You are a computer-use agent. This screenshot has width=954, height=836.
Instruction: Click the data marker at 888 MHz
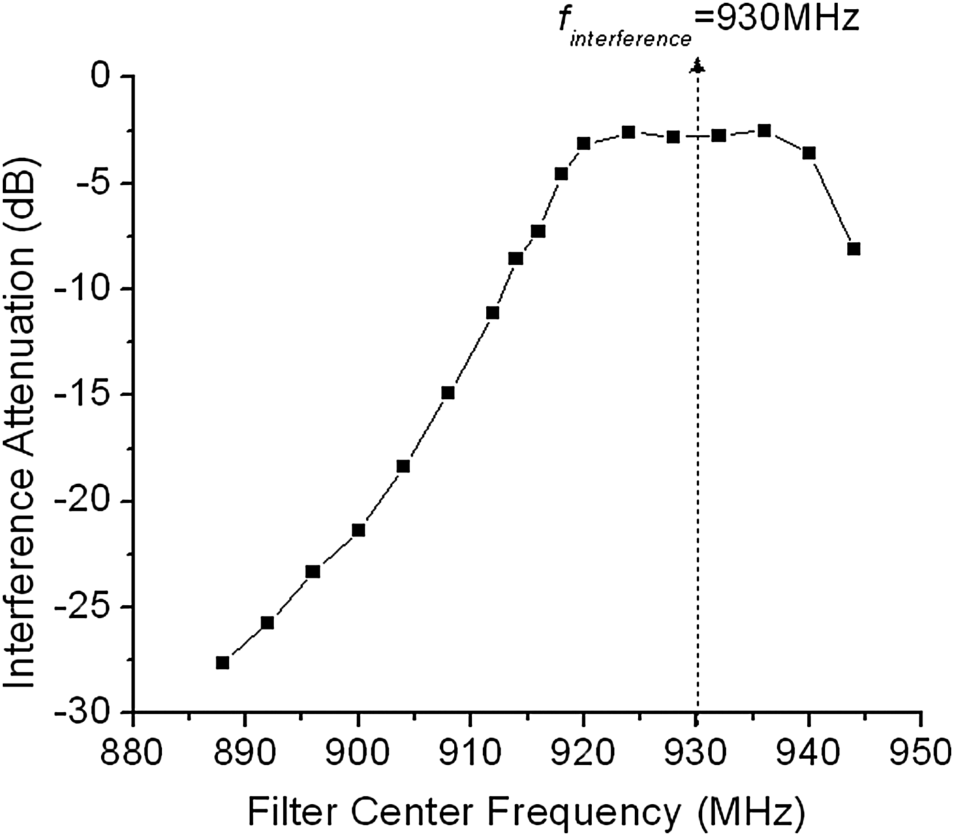click(x=222, y=662)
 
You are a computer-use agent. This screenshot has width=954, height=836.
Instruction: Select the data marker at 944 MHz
click(x=854, y=249)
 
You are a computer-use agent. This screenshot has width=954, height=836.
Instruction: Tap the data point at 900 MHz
click(x=358, y=530)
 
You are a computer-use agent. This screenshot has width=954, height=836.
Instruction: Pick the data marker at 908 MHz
click(x=448, y=393)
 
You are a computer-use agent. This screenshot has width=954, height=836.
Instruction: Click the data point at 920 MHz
click(x=583, y=143)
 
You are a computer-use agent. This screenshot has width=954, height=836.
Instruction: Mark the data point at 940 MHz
click(x=809, y=153)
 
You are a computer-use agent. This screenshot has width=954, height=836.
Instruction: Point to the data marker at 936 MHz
click(x=764, y=130)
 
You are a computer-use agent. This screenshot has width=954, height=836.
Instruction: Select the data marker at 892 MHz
click(x=267, y=623)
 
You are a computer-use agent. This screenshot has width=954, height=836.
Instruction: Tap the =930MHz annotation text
click(x=777, y=19)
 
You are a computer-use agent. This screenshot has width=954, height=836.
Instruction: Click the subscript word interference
click(x=630, y=39)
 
